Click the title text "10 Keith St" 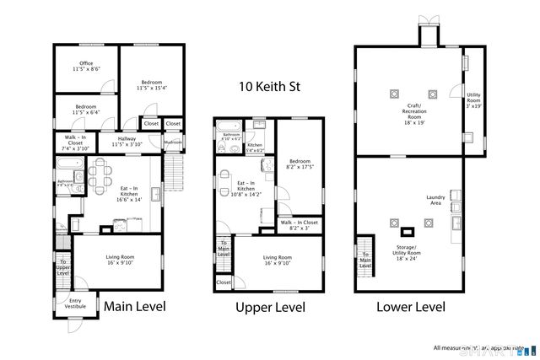pyautogui.click(x=269, y=86)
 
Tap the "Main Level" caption pyautogui.click(x=134, y=305)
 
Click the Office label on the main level pyautogui.click(x=86, y=66)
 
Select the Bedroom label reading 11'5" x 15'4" pyautogui.click(x=152, y=84)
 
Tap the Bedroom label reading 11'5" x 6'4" pyautogui.click(x=86, y=110)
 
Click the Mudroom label pyautogui.click(x=173, y=142)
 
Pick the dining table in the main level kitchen pyautogui.click(x=100, y=178)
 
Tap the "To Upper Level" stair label pyautogui.click(x=63, y=267)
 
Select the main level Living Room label pyautogui.click(x=118, y=259)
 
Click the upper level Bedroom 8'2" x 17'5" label pyautogui.click(x=301, y=164)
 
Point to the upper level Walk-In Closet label pyautogui.click(x=300, y=225)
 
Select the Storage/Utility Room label pyautogui.click(x=409, y=250)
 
